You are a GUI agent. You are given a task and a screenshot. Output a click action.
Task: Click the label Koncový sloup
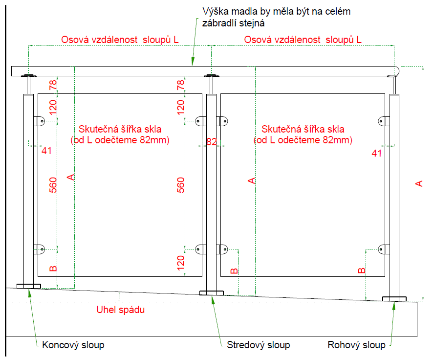[73, 345]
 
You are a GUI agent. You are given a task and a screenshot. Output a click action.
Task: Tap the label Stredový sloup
[259, 345]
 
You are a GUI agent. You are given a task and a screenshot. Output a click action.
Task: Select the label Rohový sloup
[356, 345]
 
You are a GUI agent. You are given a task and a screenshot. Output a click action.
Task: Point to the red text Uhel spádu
[121, 310]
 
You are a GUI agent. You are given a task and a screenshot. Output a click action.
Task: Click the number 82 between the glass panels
[212, 142]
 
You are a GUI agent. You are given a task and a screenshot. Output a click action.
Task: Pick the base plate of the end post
[29, 286]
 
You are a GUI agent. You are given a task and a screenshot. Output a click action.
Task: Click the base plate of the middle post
[211, 293]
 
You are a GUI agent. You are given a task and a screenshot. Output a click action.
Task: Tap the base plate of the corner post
[394, 298]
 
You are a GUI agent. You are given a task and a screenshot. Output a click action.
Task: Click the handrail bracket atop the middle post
[212, 77]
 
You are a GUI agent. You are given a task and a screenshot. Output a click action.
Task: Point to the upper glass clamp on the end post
[39, 120]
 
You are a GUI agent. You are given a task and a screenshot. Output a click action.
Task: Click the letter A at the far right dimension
[418, 183]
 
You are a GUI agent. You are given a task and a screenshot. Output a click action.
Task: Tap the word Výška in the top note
[214, 11]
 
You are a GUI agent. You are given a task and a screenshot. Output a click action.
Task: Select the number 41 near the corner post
[376, 153]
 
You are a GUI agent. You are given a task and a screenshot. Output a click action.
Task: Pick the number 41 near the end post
[46, 151]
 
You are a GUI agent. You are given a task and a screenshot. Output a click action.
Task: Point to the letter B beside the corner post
[361, 270]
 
